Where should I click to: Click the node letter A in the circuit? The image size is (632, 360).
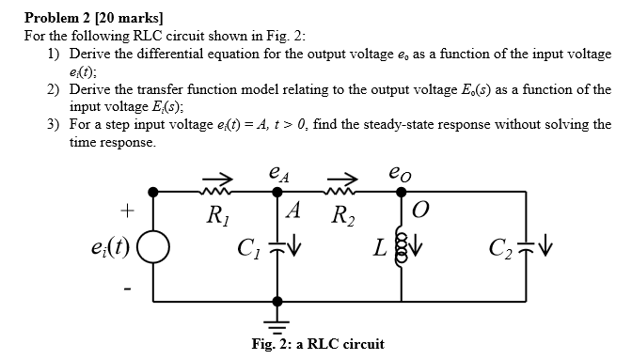pos(294,211)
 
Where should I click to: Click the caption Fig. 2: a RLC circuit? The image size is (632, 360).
pos(317,343)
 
